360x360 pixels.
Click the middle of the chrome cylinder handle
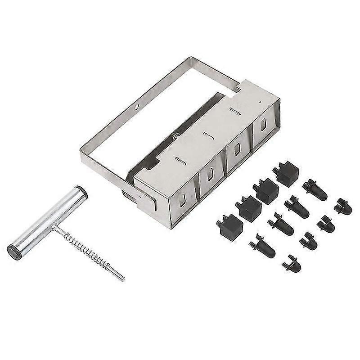point(47,220)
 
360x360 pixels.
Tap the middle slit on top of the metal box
point(207,134)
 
